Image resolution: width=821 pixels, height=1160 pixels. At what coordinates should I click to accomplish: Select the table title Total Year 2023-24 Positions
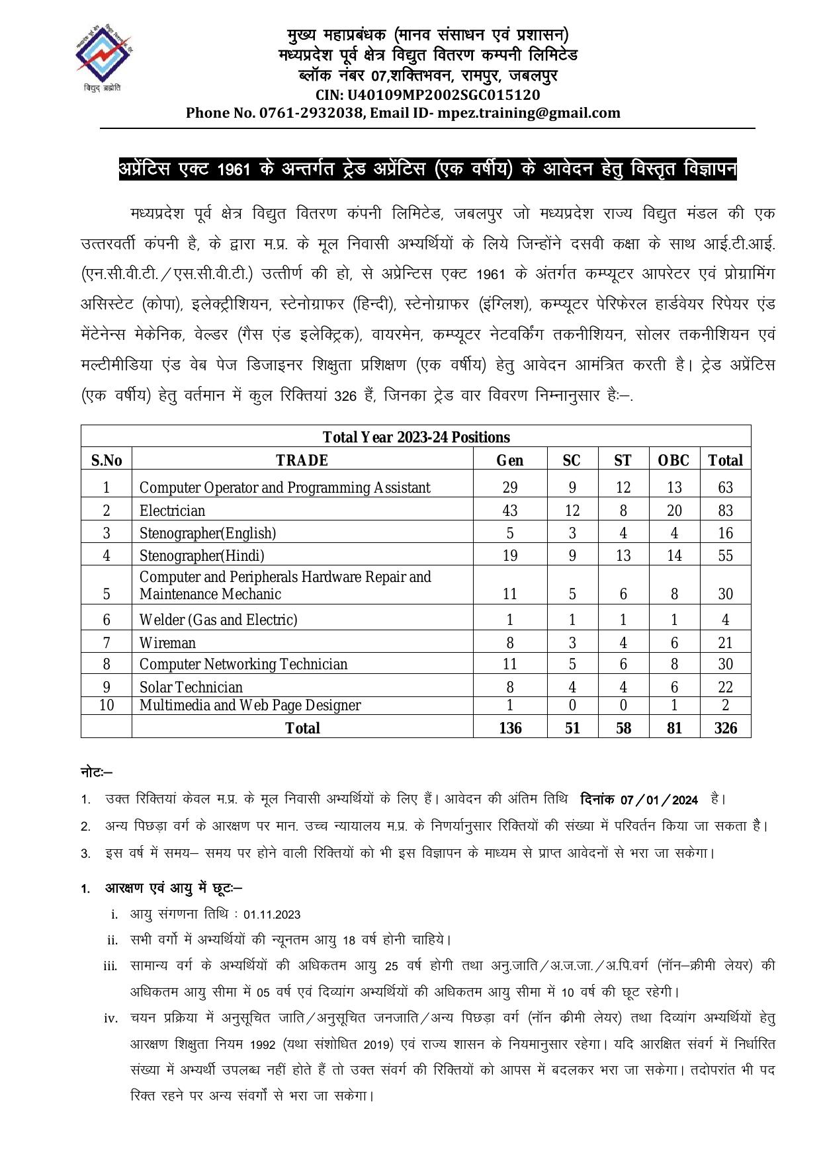[x=416, y=437]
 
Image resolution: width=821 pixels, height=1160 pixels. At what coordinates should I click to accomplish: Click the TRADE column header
[x=302, y=460]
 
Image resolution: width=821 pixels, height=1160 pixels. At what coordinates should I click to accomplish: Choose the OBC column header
[x=673, y=460]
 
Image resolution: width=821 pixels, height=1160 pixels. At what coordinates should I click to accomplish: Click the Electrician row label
[x=172, y=511]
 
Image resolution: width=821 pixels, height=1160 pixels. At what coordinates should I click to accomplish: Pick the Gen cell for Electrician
[x=509, y=511]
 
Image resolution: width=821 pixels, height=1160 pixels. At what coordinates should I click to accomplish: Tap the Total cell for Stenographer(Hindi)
[x=725, y=556]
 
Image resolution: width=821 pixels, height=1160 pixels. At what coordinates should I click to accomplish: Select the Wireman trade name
[x=167, y=643]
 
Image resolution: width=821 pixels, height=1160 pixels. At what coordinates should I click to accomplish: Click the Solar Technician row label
[x=191, y=687]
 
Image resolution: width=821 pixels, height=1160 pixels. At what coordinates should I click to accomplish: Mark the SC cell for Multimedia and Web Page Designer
[x=572, y=706]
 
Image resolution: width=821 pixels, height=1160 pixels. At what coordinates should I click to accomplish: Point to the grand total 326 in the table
[x=725, y=728]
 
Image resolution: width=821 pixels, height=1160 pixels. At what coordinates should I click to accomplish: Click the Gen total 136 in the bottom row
[x=510, y=728]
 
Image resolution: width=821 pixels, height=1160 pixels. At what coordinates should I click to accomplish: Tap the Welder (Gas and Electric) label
[x=218, y=620]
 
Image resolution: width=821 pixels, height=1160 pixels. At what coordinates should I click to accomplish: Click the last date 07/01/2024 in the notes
[x=659, y=800]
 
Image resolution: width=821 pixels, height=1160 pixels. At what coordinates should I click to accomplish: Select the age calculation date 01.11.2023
[x=272, y=915]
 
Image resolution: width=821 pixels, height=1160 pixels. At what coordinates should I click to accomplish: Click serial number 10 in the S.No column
[x=107, y=706]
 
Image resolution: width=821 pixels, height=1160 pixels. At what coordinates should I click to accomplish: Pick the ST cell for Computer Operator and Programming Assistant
[x=623, y=488]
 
